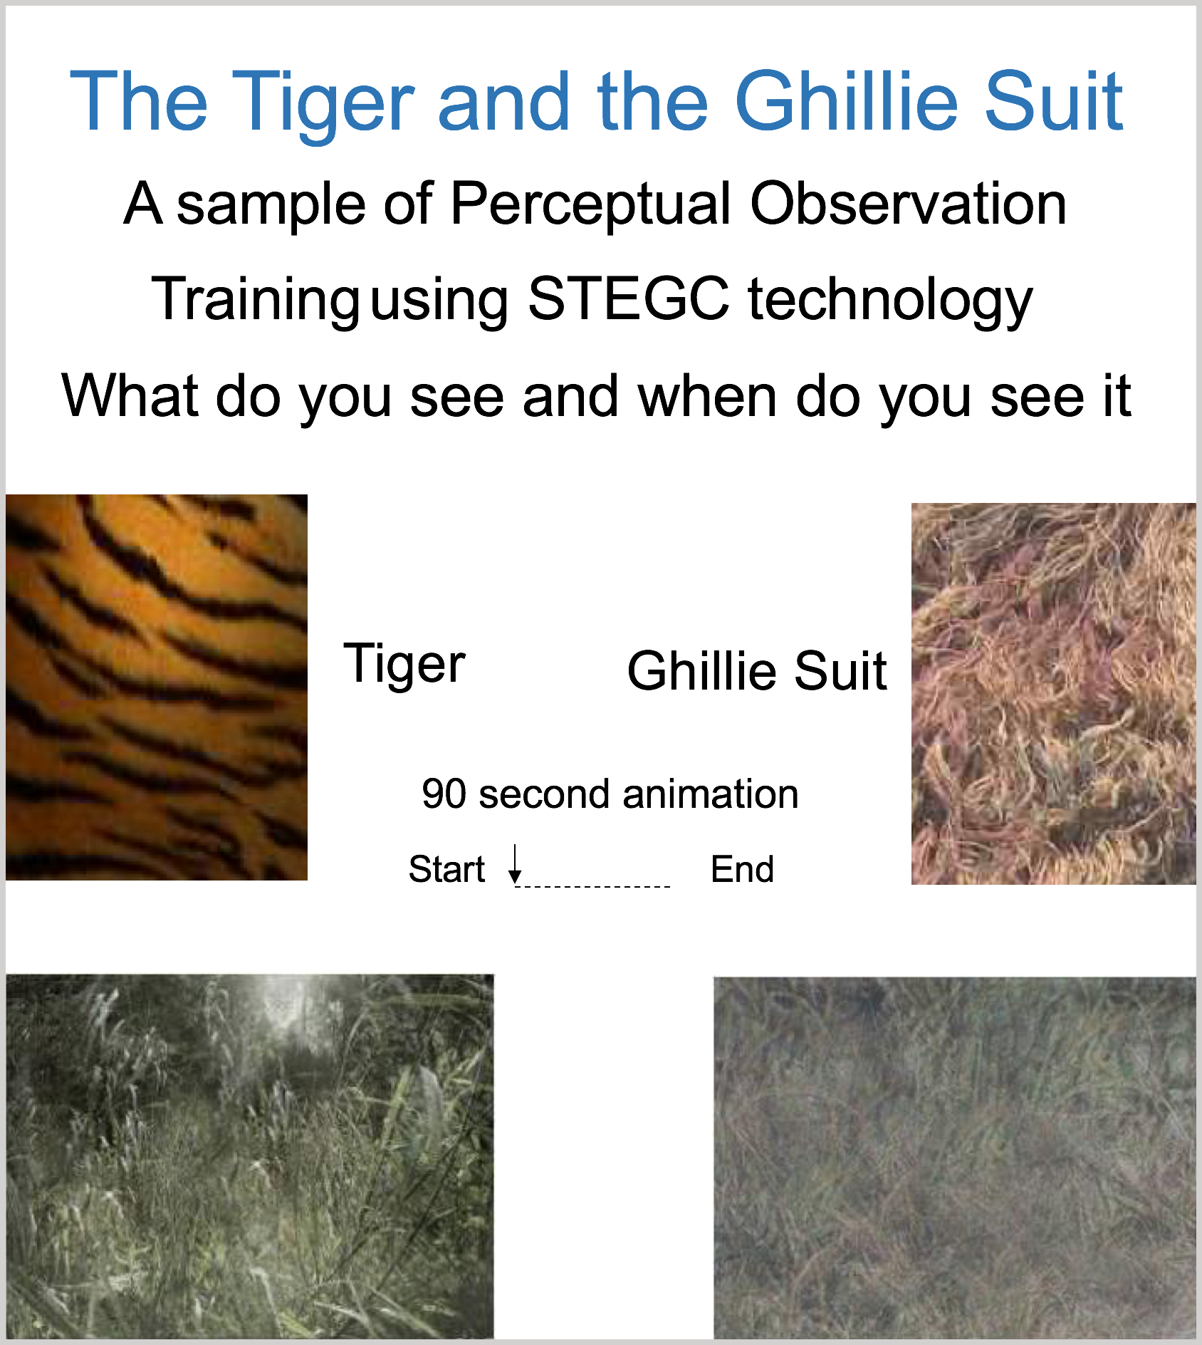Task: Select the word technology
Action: pos(890,301)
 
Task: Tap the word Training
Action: pos(256,301)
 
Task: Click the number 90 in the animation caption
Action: pos(444,794)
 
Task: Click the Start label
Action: pos(446,869)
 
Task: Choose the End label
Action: pos(742,869)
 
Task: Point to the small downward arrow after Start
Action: pos(515,864)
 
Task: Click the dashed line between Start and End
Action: pos(592,887)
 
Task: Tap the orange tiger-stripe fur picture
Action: pos(157,687)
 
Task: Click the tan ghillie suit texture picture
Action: pos(1054,694)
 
